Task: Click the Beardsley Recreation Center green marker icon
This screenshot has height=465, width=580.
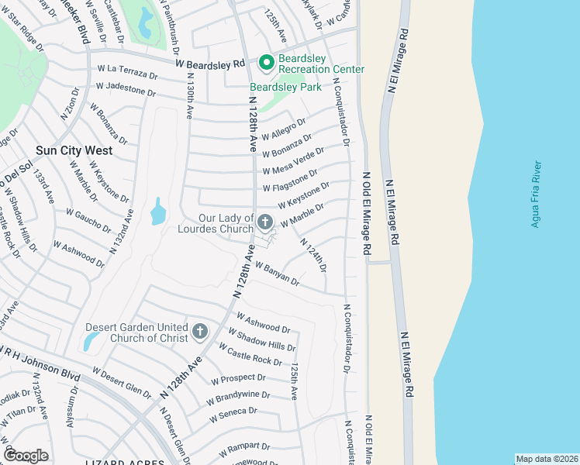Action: (x=266, y=61)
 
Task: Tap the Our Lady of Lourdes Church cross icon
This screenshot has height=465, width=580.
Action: (x=265, y=222)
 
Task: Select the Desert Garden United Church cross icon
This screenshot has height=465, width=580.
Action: (x=200, y=332)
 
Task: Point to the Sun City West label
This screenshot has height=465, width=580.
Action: (x=74, y=150)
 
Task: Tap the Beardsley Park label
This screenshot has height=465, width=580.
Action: (x=285, y=87)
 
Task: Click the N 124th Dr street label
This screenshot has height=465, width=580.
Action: (x=313, y=255)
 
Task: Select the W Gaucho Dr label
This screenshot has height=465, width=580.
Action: (x=88, y=220)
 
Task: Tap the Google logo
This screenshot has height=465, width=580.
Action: (x=26, y=455)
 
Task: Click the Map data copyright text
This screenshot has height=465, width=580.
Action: (x=547, y=459)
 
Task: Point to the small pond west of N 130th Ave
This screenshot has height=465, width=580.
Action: (x=158, y=212)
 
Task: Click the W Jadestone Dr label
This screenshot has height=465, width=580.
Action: (x=126, y=89)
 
